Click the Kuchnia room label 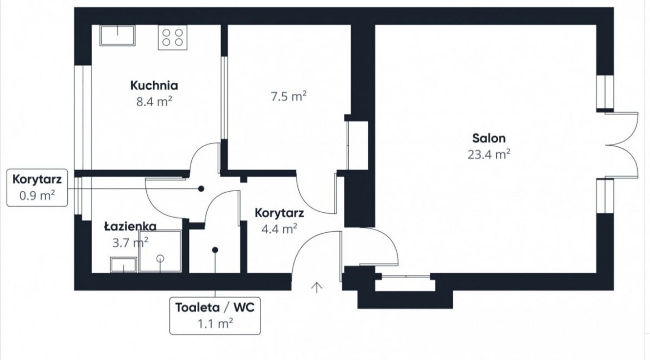154,86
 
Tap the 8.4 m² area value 154,102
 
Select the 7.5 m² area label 288,97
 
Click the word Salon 489,138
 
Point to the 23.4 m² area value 489,154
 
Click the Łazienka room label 130,227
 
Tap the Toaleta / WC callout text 215,307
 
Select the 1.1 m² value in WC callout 215,323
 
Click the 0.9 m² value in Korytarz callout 37,195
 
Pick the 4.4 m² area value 279,228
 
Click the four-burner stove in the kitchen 172,37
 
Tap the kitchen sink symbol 117,35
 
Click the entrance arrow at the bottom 317,287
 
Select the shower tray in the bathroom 161,251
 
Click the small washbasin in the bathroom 123,264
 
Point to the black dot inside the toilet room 215,250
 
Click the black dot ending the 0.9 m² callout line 201,189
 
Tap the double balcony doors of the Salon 622,145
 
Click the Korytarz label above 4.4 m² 279,213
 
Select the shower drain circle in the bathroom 161,258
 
